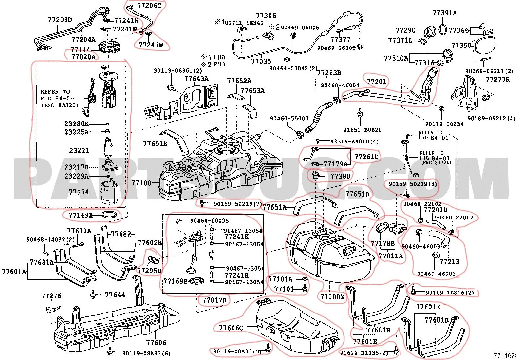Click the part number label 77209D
[x=60, y=20]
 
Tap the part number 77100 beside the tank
[x=141, y=183]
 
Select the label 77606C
[x=231, y=328]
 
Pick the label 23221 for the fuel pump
[x=79, y=150]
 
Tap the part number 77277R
[x=498, y=80]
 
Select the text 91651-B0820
[x=362, y=130]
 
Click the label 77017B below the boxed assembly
[x=214, y=300]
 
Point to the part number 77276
[x=51, y=296]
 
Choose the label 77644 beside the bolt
[x=115, y=295]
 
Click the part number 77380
[x=340, y=176]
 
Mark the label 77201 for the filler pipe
[x=377, y=82]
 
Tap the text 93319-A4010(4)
[x=350, y=142]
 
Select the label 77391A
[x=444, y=13]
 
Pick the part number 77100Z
[x=332, y=297]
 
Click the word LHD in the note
[x=219, y=57]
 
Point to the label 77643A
[x=196, y=79]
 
